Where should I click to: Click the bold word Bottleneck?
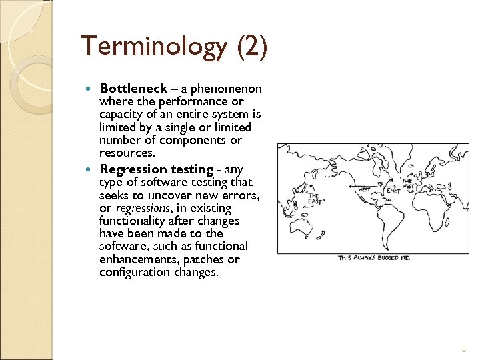click(x=133, y=89)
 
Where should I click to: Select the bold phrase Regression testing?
click(x=147, y=169)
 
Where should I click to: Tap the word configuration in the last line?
click(x=132, y=272)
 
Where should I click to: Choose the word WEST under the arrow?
click(x=364, y=190)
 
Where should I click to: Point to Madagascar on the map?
click(x=448, y=223)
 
